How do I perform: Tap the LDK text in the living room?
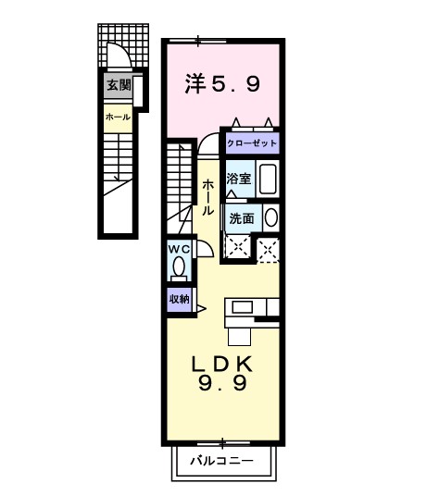pyautogui.click(x=221, y=362)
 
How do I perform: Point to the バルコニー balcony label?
pyautogui.click(x=222, y=460)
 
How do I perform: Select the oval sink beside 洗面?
pyautogui.click(x=270, y=219)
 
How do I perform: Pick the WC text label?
pyautogui.click(x=180, y=249)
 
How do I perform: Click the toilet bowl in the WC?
pyautogui.click(x=180, y=267)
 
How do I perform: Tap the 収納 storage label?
pyautogui.click(x=180, y=298)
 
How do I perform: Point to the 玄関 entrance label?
pyautogui.click(x=119, y=85)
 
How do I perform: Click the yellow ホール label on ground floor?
pyautogui.click(x=118, y=118)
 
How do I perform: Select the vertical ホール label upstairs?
pyautogui.click(x=208, y=196)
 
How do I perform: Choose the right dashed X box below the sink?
pyautogui.click(x=268, y=247)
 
